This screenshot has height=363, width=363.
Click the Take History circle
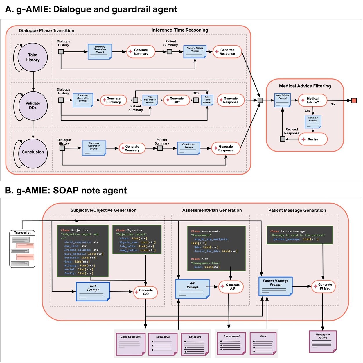[x=33, y=57]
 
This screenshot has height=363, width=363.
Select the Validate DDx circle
[x=33, y=106]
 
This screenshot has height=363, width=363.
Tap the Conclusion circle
[x=33, y=152]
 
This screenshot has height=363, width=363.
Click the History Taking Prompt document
[x=195, y=51]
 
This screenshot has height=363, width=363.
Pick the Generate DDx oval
[x=177, y=100]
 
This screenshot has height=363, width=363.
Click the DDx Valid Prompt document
[x=207, y=100]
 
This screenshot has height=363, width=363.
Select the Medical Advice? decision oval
[x=312, y=100]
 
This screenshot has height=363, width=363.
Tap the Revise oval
[x=313, y=139]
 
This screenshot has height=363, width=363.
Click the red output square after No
[x=354, y=100]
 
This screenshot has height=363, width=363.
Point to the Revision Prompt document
[x=313, y=122]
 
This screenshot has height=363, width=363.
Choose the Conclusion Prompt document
[x=188, y=148]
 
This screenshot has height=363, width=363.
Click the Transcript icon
[x=22, y=249]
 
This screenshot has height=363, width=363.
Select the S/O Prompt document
[x=93, y=291]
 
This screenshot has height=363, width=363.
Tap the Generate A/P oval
[x=231, y=287]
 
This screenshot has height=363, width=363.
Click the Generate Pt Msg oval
[x=323, y=287]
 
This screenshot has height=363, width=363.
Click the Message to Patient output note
[x=323, y=342]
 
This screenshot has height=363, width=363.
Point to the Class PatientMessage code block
[x=299, y=235]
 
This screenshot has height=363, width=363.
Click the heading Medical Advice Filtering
[x=305, y=86]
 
